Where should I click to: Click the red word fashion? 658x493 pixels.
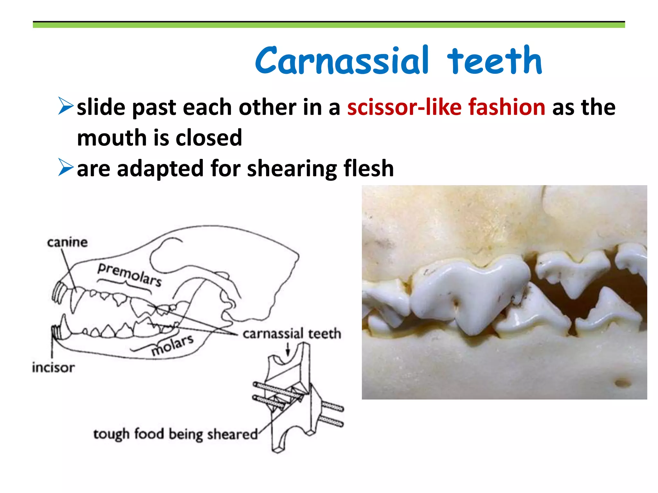pyautogui.click(x=507, y=107)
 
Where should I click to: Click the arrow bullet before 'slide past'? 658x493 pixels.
pyautogui.click(x=66, y=106)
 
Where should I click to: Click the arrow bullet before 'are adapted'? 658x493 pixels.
pyautogui.click(x=66, y=168)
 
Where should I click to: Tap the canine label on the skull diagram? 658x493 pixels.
pyautogui.click(x=67, y=243)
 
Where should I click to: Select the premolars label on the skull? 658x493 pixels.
pyautogui.click(x=129, y=275)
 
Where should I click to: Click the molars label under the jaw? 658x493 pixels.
pyautogui.click(x=173, y=345)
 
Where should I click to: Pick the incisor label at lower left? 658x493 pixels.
pyautogui.click(x=53, y=368)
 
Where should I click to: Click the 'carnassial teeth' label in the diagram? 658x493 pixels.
pyautogui.click(x=291, y=334)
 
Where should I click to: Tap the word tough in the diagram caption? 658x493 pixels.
pyautogui.click(x=111, y=435)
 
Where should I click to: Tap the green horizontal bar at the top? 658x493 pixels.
pyautogui.click(x=329, y=25)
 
